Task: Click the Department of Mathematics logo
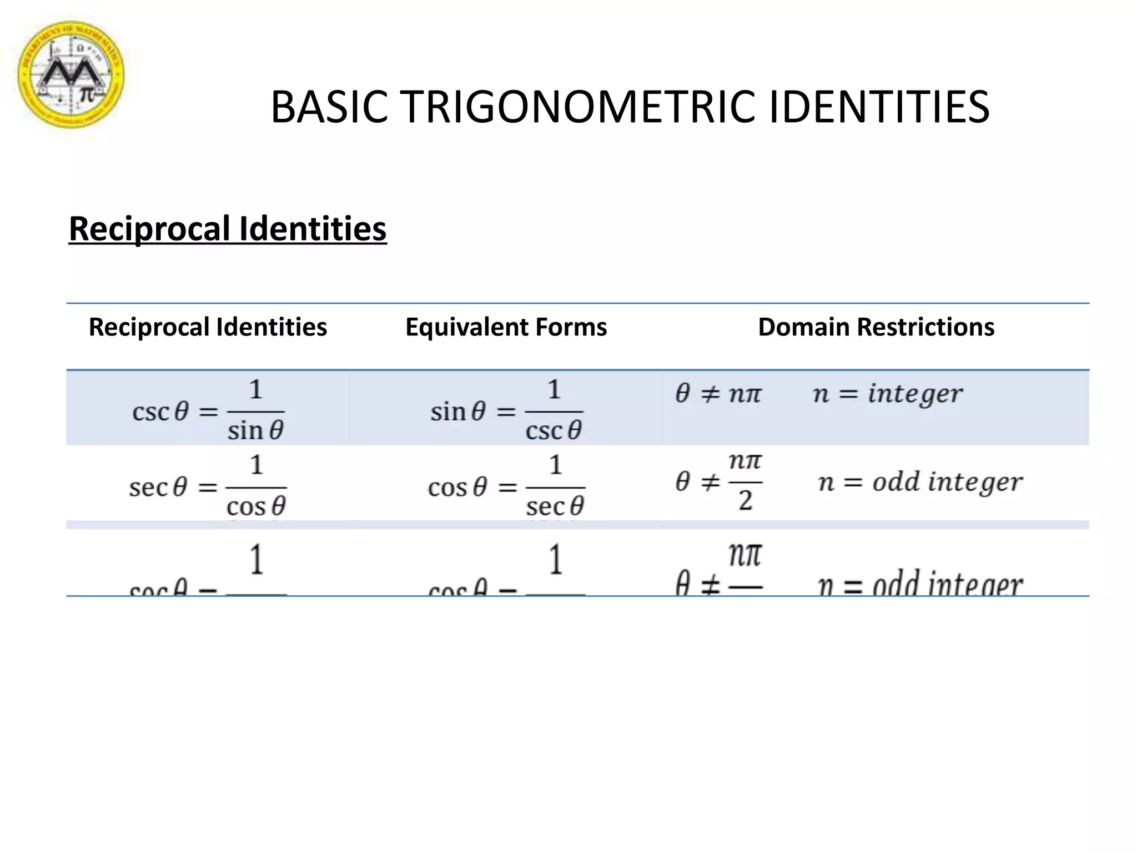[71, 75]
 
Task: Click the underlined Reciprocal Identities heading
[228, 228]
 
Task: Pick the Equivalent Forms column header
[506, 327]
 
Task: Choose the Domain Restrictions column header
[876, 327]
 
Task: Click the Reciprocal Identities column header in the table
[208, 327]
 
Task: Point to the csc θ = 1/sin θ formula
[208, 410]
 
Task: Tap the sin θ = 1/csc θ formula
[506, 410]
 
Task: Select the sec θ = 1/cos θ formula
[208, 486]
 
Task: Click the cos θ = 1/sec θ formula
[506, 486]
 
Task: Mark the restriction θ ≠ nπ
[718, 394]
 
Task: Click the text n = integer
[887, 394]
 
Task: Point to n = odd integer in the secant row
[919, 482]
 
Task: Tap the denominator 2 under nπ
[745, 501]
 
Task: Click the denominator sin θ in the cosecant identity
[255, 430]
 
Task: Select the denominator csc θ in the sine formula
[554, 430]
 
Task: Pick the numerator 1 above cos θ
[256, 465]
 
